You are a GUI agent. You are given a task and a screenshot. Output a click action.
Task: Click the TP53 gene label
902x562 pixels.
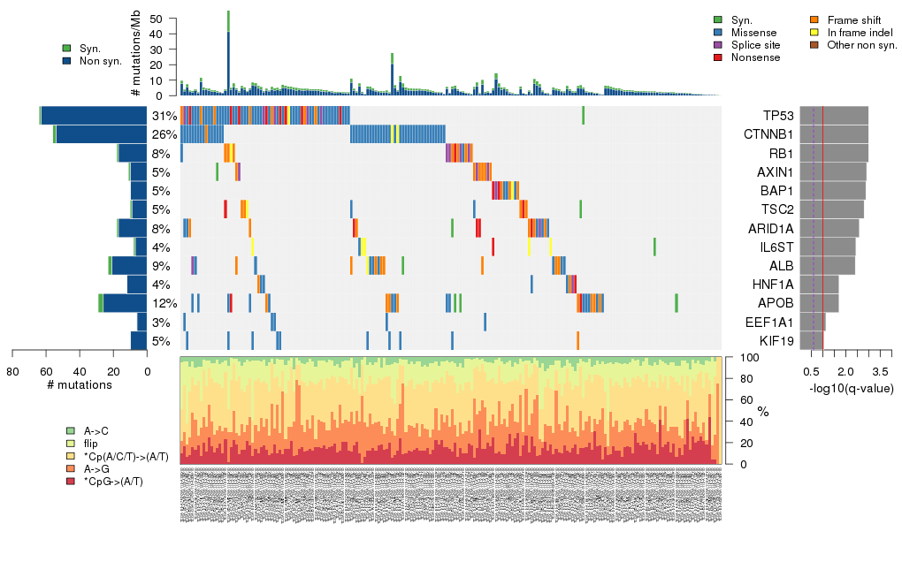tap(777, 116)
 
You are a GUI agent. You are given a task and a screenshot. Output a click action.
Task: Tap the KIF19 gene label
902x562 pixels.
tap(776, 341)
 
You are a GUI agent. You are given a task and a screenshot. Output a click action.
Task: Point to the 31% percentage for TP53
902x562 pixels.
tap(164, 116)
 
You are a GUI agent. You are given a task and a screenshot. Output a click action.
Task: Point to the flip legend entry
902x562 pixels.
tap(91, 444)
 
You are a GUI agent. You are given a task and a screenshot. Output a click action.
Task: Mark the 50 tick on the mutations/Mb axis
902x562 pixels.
tap(157, 19)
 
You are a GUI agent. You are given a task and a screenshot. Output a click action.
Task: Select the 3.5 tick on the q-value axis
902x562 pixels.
tap(880, 369)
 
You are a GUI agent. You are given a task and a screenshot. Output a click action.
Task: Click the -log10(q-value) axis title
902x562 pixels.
tap(851, 389)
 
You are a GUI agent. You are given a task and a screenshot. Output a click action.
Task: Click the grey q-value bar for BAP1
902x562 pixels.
tap(832, 191)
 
